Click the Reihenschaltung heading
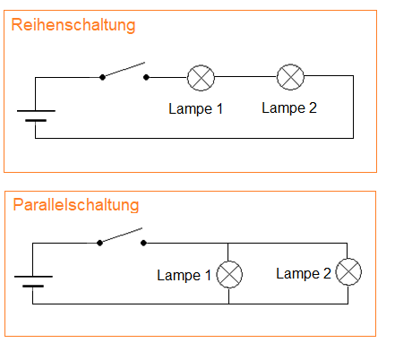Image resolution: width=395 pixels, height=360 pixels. click(73, 25)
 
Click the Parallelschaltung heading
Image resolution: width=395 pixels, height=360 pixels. click(76, 206)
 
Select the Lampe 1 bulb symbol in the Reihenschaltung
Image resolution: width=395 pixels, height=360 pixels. click(201, 78)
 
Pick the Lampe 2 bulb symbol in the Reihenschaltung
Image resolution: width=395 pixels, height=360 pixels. click(290, 77)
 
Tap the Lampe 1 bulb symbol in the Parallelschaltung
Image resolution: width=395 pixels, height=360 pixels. click(229, 274)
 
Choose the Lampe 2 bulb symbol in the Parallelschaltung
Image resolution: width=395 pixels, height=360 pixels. click(348, 272)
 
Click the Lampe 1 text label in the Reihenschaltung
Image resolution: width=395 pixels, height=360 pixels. click(195, 109)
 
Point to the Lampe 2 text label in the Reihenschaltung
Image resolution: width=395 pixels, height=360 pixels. click(289, 108)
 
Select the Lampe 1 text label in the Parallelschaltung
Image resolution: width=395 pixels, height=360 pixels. click(184, 275)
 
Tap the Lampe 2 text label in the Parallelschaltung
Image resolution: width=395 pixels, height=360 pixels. click(304, 274)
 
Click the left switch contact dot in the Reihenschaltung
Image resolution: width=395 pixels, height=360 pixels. click(102, 77)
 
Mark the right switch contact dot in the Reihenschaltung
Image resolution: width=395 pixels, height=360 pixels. click(146, 77)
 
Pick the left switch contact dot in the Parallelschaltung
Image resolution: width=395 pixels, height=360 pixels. click(99, 243)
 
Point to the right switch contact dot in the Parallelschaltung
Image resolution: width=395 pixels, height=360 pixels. click(143, 243)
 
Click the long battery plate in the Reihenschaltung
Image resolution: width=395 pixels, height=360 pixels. click(36, 111)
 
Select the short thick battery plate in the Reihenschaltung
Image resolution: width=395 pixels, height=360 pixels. click(36, 120)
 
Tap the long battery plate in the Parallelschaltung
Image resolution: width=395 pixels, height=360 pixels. click(33, 277)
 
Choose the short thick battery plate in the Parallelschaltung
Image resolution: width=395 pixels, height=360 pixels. click(33, 286)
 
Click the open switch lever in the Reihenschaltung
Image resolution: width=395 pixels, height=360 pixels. click(124, 70)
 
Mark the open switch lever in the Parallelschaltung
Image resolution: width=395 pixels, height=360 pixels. click(121, 236)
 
